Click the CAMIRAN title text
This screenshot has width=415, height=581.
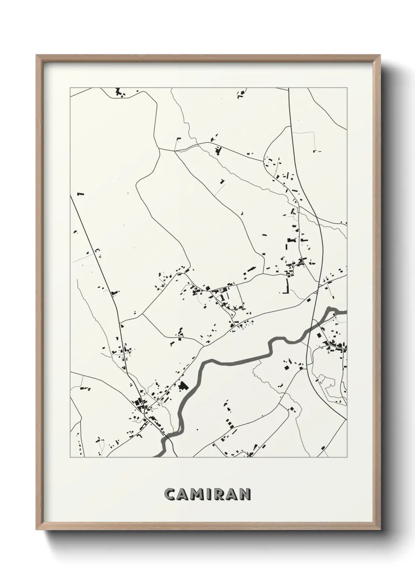(x=207, y=494)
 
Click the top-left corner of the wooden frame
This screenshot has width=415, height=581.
(x=37, y=56)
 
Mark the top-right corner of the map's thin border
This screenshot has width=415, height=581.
(x=347, y=88)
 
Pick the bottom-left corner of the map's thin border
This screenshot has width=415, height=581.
(x=70, y=457)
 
